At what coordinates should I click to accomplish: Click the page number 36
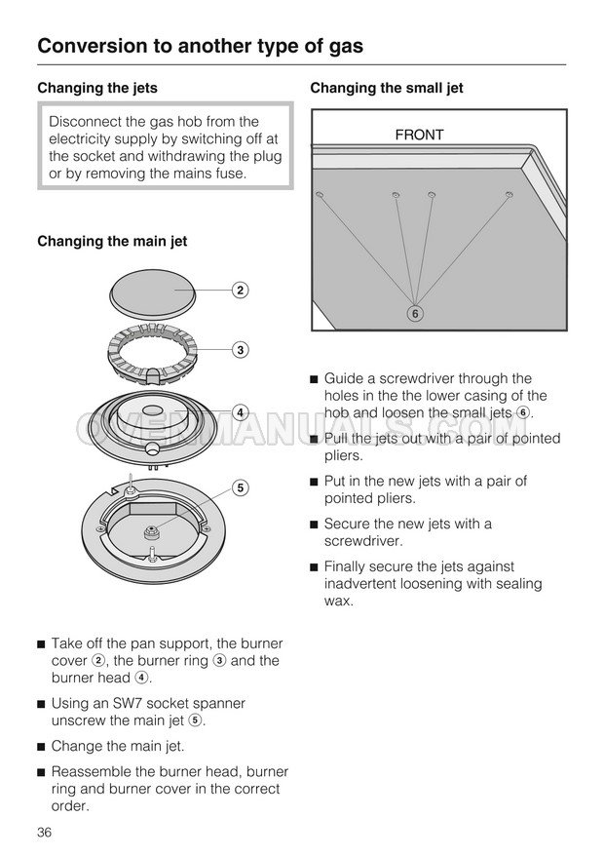click(x=44, y=832)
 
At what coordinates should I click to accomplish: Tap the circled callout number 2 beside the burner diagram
click(x=239, y=290)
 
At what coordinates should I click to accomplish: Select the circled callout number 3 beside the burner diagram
click(x=239, y=349)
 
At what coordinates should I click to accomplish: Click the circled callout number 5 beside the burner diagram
click(x=239, y=486)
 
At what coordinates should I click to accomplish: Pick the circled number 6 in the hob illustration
click(x=415, y=314)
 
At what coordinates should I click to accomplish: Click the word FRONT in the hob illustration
click(x=419, y=136)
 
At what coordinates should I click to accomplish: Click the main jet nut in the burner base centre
click(x=152, y=530)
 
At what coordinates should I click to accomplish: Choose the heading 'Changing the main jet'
click(x=112, y=241)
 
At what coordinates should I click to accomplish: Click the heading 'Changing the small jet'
click(x=387, y=88)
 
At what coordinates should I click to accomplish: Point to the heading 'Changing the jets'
click(x=97, y=88)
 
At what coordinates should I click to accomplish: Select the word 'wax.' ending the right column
click(x=339, y=601)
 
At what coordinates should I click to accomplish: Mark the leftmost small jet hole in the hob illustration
click(x=319, y=196)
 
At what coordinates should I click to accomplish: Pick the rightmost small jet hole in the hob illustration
click(x=509, y=196)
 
